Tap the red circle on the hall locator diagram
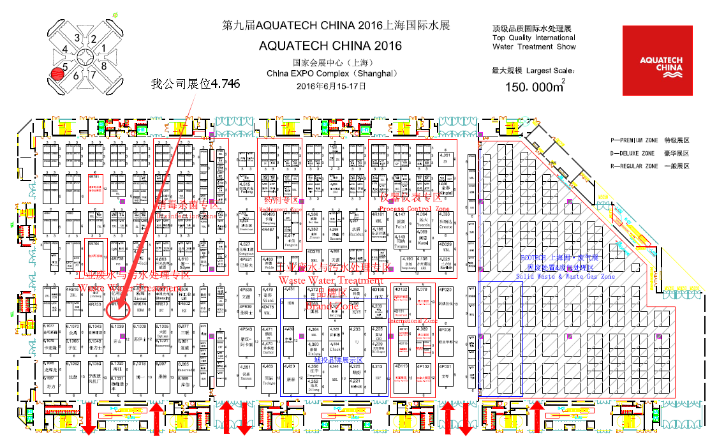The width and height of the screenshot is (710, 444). (59, 75)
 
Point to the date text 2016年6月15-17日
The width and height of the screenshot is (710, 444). (332, 85)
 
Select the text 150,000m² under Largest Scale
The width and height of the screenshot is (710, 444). (533, 86)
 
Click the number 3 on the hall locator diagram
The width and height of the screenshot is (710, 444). (77, 38)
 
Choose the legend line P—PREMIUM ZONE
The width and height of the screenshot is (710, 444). (650, 140)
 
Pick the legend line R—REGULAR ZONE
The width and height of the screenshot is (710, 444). (650, 166)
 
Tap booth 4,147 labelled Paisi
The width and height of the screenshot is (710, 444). (401, 221)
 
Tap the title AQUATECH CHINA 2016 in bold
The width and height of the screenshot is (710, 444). (330, 46)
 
